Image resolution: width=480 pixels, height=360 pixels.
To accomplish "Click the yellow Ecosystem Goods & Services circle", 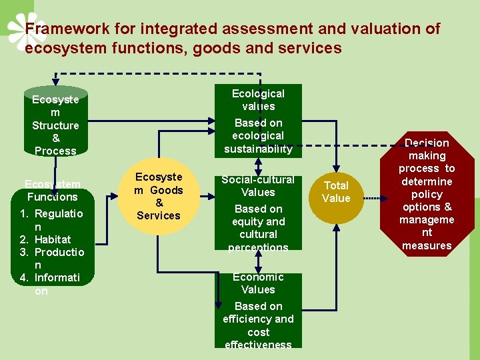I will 159,197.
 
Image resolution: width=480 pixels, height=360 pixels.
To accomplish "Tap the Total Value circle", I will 336,191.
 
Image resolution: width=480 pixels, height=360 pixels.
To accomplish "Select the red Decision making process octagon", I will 427,193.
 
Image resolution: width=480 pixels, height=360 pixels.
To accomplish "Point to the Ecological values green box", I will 259,120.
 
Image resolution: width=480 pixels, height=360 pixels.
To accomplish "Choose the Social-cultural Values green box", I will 258,213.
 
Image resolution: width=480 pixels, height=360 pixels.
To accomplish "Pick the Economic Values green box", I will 258,310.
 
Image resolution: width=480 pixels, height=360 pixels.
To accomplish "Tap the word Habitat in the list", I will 53,239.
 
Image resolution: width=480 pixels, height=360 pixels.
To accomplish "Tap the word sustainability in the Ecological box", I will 259,149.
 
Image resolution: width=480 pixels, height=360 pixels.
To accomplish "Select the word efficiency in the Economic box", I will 248,319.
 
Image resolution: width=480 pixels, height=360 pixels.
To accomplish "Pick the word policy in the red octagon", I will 427,194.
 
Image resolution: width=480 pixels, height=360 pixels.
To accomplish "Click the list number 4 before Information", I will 23,278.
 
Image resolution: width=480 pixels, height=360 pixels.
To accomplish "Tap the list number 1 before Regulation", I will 23,213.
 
